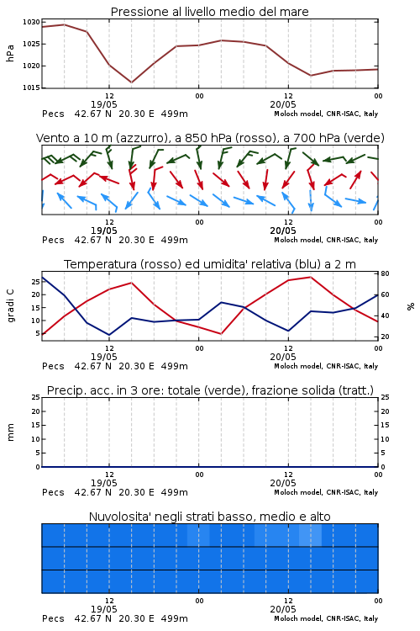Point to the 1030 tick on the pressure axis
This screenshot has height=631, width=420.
pyautogui.click(x=31, y=22)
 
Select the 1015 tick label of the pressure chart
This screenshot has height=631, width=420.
pyautogui.click(x=31, y=87)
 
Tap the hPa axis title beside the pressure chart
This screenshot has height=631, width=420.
pyautogui.click(x=10, y=53)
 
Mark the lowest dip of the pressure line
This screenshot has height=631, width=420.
pyautogui.click(x=131, y=82)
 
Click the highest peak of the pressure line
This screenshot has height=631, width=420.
pyautogui.click(x=65, y=24)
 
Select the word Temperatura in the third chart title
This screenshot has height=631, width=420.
pyautogui.click(x=100, y=264)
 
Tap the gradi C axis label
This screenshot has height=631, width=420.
pyautogui.click(x=11, y=305)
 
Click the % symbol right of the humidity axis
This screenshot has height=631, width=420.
pyautogui.click(x=411, y=306)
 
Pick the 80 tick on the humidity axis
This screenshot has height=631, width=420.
pyautogui.click(x=385, y=273)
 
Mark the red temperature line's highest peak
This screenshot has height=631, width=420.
pyautogui.click(x=311, y=277)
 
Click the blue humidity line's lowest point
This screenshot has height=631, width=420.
pyautogui.click(x=109, y=335)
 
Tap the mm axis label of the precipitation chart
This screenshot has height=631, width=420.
pyautogui.click(x=11, y=432)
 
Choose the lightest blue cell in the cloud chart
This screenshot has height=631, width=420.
pyautogui.click(x=310, y=535)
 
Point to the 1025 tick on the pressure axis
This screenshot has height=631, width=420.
pyautogui.click(x=31, y=44)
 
